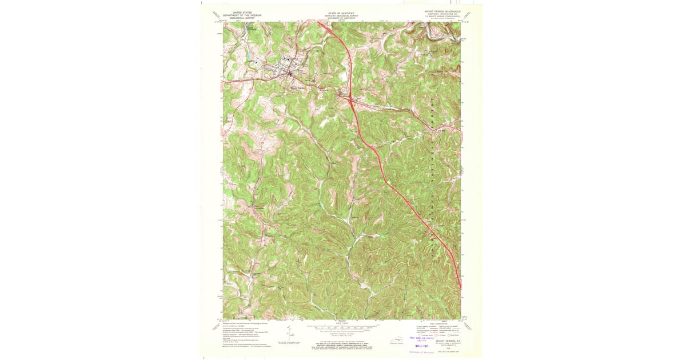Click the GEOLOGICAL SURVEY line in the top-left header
(x=242, y=18)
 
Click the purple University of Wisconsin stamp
(x=422, y=353)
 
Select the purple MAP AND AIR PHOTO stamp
(x=423, y=338)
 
